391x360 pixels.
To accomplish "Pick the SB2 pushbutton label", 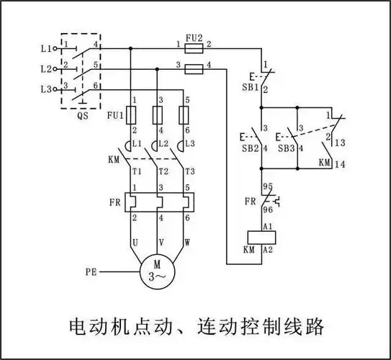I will pos(250,148).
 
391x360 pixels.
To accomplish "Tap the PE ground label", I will pos(91,272).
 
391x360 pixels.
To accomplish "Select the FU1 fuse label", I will pos(114,114).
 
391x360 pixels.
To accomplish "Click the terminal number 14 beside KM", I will pos(340,164).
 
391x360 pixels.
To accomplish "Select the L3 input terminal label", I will pos(47,89).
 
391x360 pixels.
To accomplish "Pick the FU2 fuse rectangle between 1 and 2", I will pos(193,48).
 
